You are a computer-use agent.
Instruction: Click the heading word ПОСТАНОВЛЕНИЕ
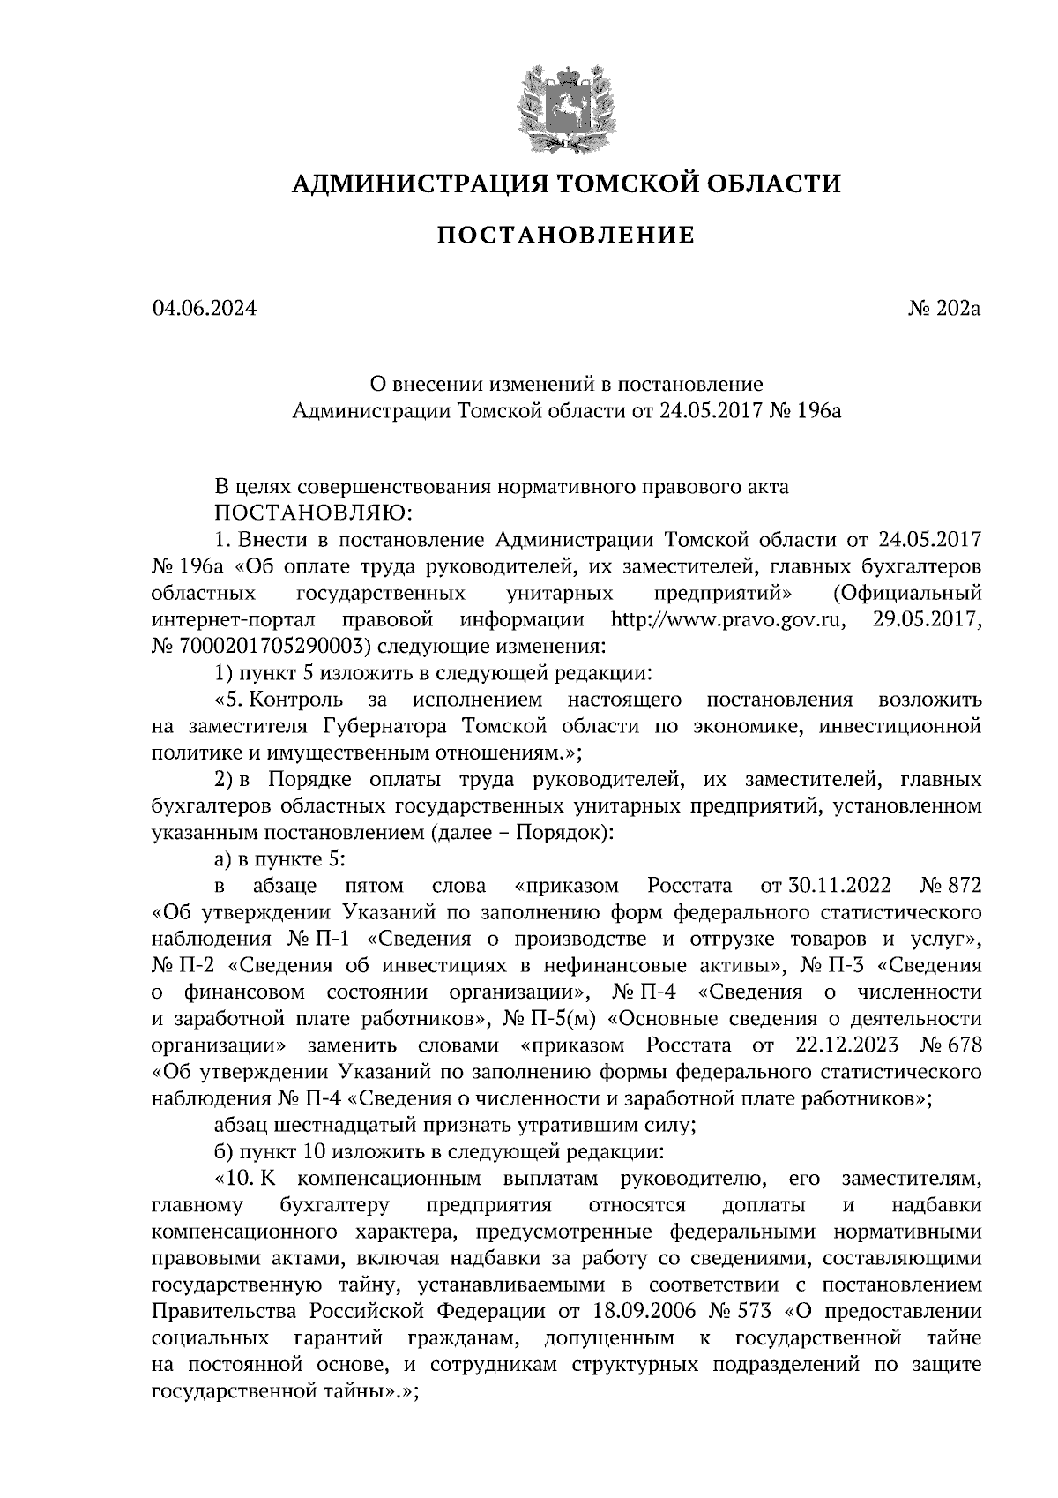pyautogui.click(x=566, y=236)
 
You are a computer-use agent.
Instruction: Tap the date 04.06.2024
pyautogui.click(x=205, y=309)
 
